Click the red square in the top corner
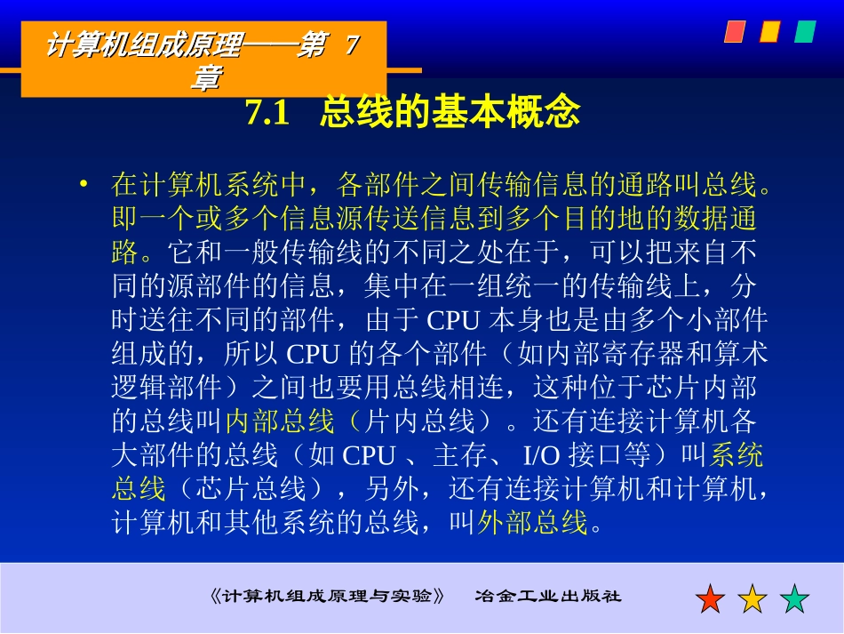(734, 32)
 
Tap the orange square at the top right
(769, 32)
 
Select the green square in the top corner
(805, 32)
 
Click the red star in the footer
(711, 598)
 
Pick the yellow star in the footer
(752, 598)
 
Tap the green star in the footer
(794, 598)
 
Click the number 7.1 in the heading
(267, 114)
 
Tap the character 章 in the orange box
(205, 78)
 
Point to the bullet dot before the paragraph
(84, 184)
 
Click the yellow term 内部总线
(280, 421)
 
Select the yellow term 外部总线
(533, 523)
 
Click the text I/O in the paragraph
(544, 455)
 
